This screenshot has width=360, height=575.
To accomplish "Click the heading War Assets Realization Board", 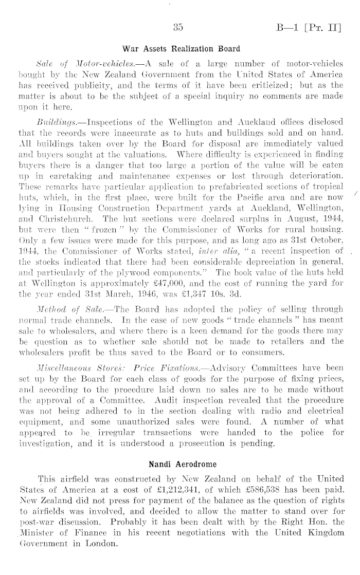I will click(180, 49).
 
